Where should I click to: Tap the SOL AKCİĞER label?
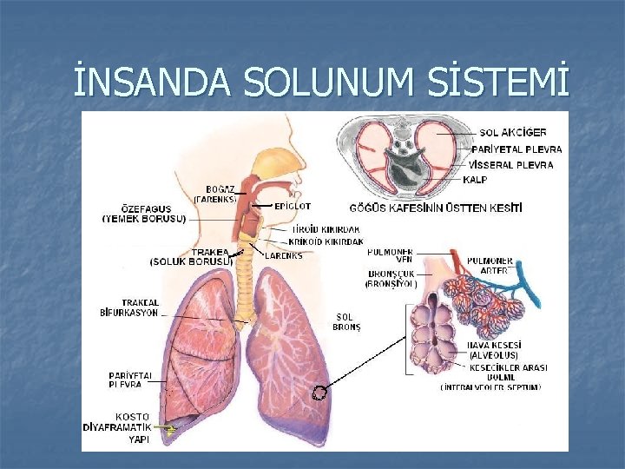[x=513, y=133]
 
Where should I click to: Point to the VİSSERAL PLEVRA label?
[x=518, y=164]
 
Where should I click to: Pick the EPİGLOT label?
[x=293, y=207]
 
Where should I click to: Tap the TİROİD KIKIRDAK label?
[x=326, y=229]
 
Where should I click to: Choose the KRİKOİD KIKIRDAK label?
[x=326, y=241]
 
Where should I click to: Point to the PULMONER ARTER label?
[x=490, y=266]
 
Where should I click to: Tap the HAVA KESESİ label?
[x=493, y=350]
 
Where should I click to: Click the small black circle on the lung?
[x=319, y=393]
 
